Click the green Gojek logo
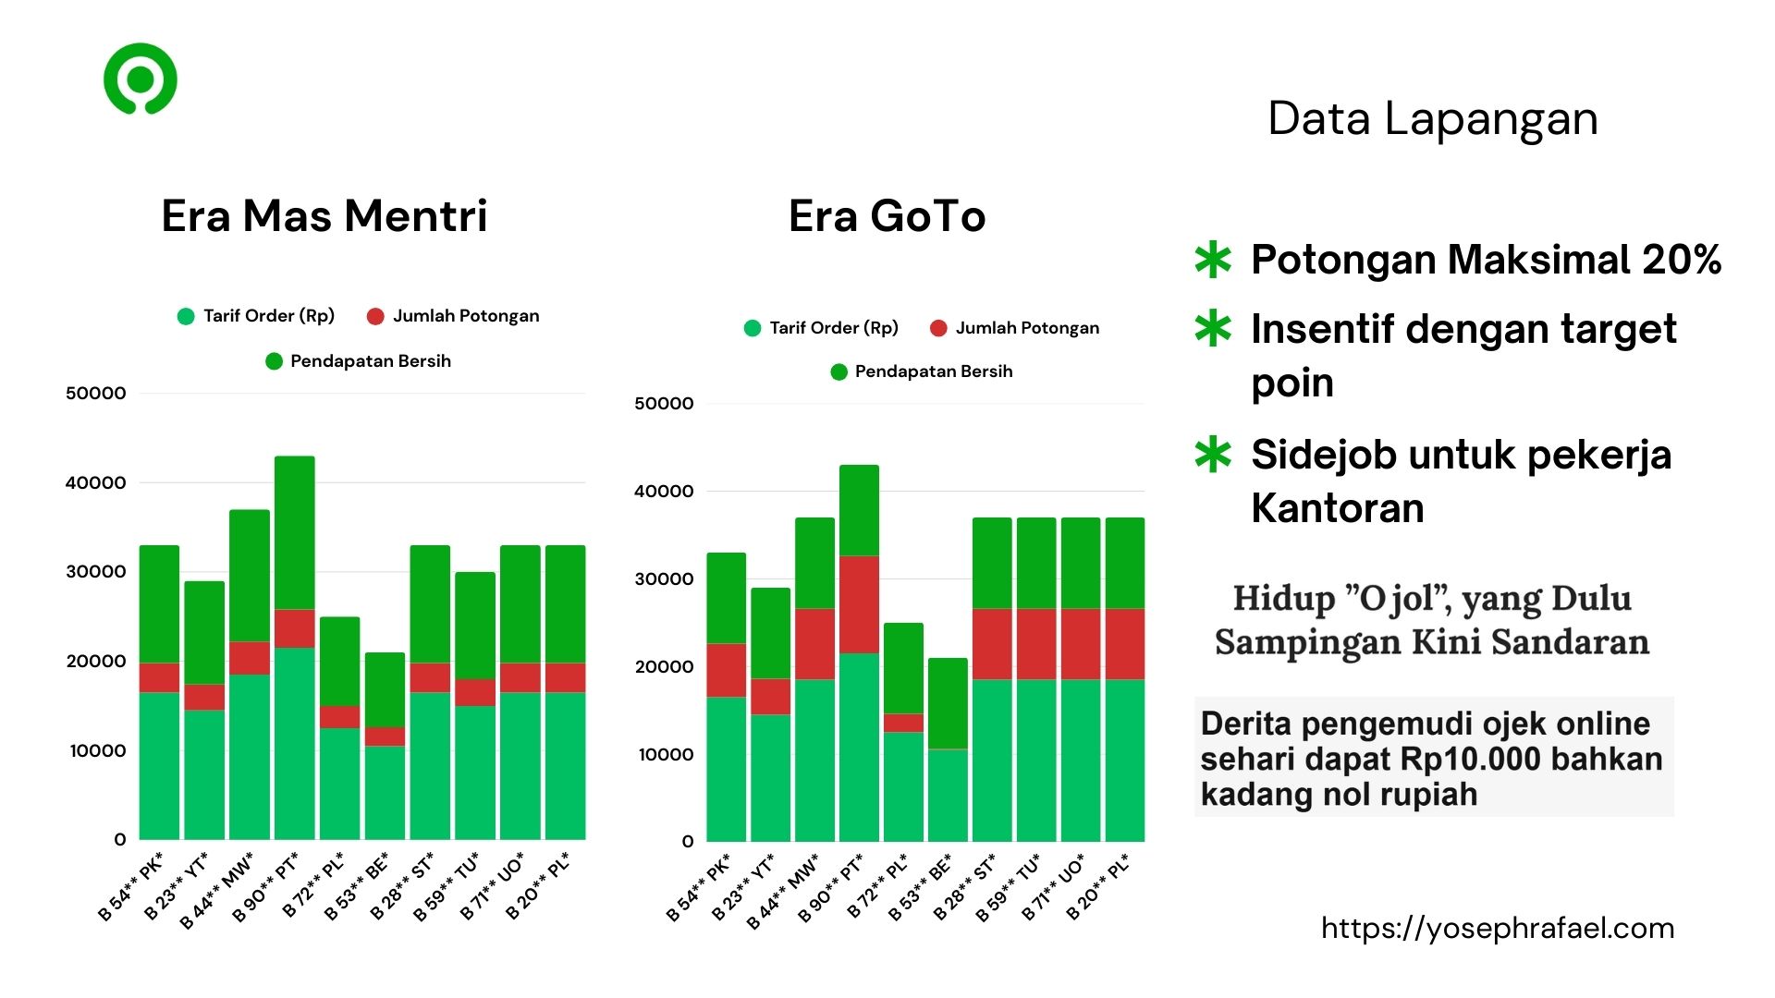pos(140,79)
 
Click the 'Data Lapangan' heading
pos(1432,119)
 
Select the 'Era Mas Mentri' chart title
pos(324,216)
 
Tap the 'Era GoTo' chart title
pos(887,216)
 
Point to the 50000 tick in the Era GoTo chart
pos(664,404)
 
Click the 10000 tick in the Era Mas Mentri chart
pos(97,750)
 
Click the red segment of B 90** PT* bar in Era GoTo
pos(859,604)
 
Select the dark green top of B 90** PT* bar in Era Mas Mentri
pos(294,532)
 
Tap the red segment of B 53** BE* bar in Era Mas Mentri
pos(385,736)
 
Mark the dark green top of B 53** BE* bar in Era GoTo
pos(948,703)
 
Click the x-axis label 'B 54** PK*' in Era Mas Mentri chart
pos(131,887)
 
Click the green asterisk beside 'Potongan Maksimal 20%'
pos(1212,261)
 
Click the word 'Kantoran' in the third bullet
pos(1337,508)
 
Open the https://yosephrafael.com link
pos(1497,928)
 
